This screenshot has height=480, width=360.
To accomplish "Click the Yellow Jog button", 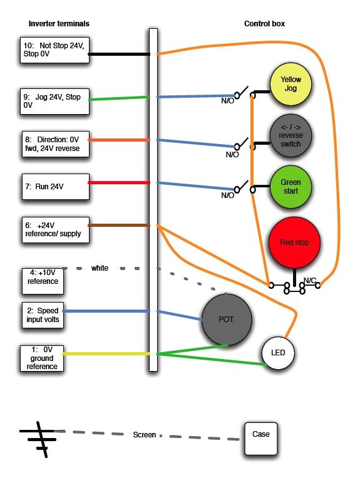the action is [291, 84].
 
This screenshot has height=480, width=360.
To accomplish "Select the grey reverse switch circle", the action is [291, 135].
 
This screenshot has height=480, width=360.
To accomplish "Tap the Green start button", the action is [291, 187].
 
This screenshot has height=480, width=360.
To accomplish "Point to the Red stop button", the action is [294, 243].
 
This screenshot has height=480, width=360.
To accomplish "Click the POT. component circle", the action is [227, 320].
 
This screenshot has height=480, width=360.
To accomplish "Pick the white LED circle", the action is [278, 353].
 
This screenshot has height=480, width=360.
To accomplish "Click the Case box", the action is [261, 439].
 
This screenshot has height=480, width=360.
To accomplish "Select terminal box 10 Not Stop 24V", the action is [54, 50].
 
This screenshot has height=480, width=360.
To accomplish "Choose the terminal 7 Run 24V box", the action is [56, 187].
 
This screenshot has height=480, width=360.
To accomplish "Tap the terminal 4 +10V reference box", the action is [43, 281].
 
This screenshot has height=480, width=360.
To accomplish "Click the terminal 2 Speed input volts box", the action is [43, 315].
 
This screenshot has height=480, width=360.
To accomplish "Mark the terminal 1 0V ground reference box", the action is [42, 358].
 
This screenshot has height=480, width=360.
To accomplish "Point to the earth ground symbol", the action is [39, 440].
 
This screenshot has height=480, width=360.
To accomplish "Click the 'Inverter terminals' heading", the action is [59, 24].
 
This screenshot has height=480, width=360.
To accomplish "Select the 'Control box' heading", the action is [265, 24].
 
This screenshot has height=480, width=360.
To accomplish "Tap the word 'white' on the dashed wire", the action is [100, 268].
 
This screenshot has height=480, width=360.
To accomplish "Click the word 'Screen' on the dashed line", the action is [145, 435].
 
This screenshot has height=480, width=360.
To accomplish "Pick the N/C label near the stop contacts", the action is [309, 280].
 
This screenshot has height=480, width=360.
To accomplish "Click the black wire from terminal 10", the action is [119, 54].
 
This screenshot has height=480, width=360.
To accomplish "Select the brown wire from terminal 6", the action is [119, 226].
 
